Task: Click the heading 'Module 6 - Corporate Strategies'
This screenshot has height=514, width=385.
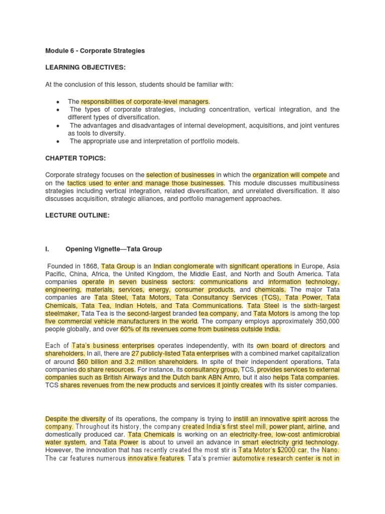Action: (95, 51)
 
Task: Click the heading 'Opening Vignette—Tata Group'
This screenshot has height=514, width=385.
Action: (114, 249)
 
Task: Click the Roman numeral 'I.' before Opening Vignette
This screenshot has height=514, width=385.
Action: (48, 249)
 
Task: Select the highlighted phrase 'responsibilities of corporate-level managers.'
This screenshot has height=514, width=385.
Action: (145, 101)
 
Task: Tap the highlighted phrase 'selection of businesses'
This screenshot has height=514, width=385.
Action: (180, 175)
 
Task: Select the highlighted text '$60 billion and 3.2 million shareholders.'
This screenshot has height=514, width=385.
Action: (138, 361)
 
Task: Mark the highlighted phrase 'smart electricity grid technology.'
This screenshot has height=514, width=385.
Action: (290, 442)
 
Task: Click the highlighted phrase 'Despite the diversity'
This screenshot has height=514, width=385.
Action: (75, 419)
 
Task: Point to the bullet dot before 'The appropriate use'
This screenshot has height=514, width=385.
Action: (59, 142)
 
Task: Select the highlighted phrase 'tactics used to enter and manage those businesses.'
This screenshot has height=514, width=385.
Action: (146, 183)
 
